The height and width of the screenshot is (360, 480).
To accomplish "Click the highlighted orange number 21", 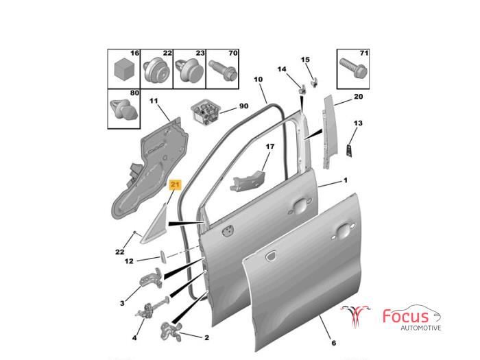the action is click(x=175, y=184).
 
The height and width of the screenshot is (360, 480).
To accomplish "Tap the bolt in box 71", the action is click(x=353, y=69).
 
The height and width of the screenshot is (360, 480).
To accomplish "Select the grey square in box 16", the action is click(x=124, y=69).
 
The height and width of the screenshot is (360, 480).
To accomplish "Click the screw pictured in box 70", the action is click(x=223, y=71).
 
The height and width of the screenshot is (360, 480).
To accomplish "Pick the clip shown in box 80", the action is click(x=123, y=109).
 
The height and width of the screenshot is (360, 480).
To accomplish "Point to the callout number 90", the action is click(x=243, y=106).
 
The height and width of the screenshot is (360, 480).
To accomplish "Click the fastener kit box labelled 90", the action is click(x=205, y=112).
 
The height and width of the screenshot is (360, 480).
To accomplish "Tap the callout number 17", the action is click(x=269, y=147).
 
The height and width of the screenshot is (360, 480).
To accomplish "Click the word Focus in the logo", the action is click(x=406, y=316).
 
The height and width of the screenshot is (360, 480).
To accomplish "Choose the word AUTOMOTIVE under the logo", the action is click(x=421, y=328).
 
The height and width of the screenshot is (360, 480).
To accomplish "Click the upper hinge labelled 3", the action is click(x=152, y=278).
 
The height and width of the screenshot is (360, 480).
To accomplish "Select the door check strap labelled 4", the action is click(x=153, y=308).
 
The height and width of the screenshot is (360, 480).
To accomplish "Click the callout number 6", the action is click(x=334, y=343).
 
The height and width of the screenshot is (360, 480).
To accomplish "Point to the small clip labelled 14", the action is click(x=302, y=90).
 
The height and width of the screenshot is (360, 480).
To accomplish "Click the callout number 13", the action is click(x=358, y=123).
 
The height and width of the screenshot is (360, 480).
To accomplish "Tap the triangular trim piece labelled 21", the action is click(x=154, y=224).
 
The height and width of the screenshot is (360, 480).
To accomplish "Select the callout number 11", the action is click(x=154, y=101).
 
